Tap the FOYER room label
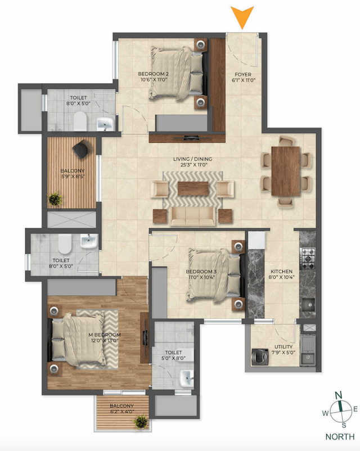tap(243, 74)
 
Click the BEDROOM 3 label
tap(201, 271)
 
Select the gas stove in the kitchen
tap(308, 257)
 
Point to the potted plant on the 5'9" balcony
tap(56, 199)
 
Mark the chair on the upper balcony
tap(82, 147)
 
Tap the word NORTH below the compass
tap(339, 436)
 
